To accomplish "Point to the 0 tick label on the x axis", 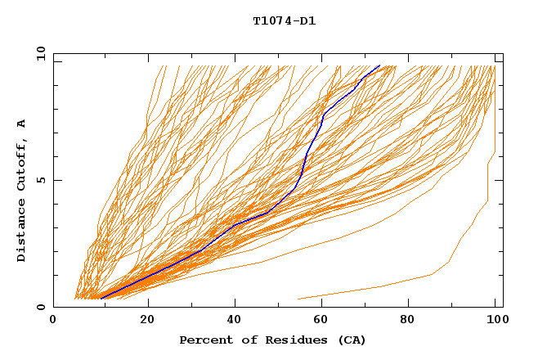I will [53, 321].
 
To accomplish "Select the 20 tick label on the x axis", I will [147, 321].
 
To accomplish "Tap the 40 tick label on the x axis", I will [235, 321].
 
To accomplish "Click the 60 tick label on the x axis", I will [325, 321].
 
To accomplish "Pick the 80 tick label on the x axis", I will [413, 321].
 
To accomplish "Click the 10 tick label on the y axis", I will [39, 53].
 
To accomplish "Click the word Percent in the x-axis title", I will [203, 340].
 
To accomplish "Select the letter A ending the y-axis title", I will [21, 124].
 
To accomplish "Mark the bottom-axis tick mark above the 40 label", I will [235, 304].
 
